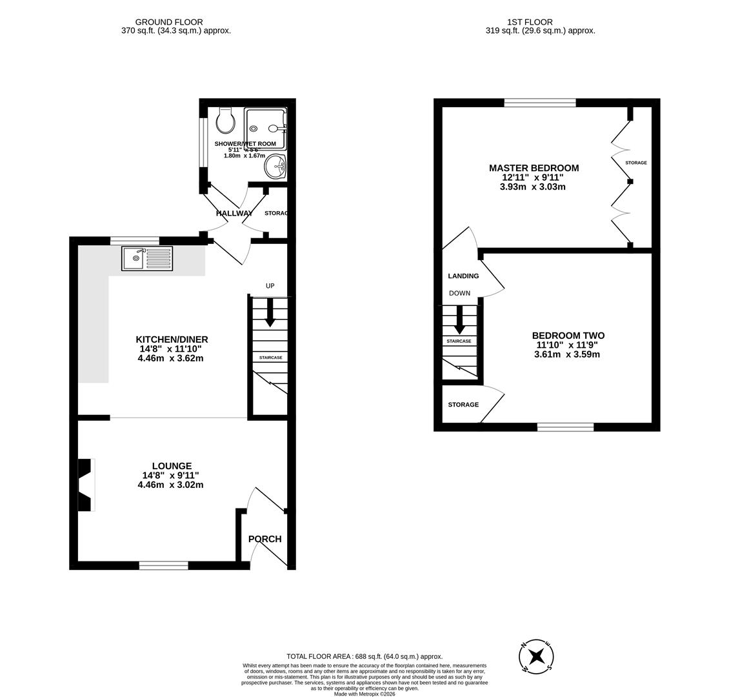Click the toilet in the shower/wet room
point(226,120)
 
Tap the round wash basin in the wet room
point(275,167)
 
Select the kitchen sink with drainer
point(147,259)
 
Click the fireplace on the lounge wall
point(85,485)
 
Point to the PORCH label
point(265,539)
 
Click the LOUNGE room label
point(172,466)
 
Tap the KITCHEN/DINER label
point(172,339)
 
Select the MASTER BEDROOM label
point(534,168)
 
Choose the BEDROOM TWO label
point(568,336)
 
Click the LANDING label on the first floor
point(463,276)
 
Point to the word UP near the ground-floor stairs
point(270,286)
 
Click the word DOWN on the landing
point(459,293)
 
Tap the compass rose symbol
point(536,657)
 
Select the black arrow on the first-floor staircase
point(459,319)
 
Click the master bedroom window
point(540,103)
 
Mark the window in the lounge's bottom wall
point(164,565)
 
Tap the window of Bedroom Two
point(565,427)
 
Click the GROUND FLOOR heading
point(169,22)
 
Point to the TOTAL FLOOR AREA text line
point(364,656)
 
